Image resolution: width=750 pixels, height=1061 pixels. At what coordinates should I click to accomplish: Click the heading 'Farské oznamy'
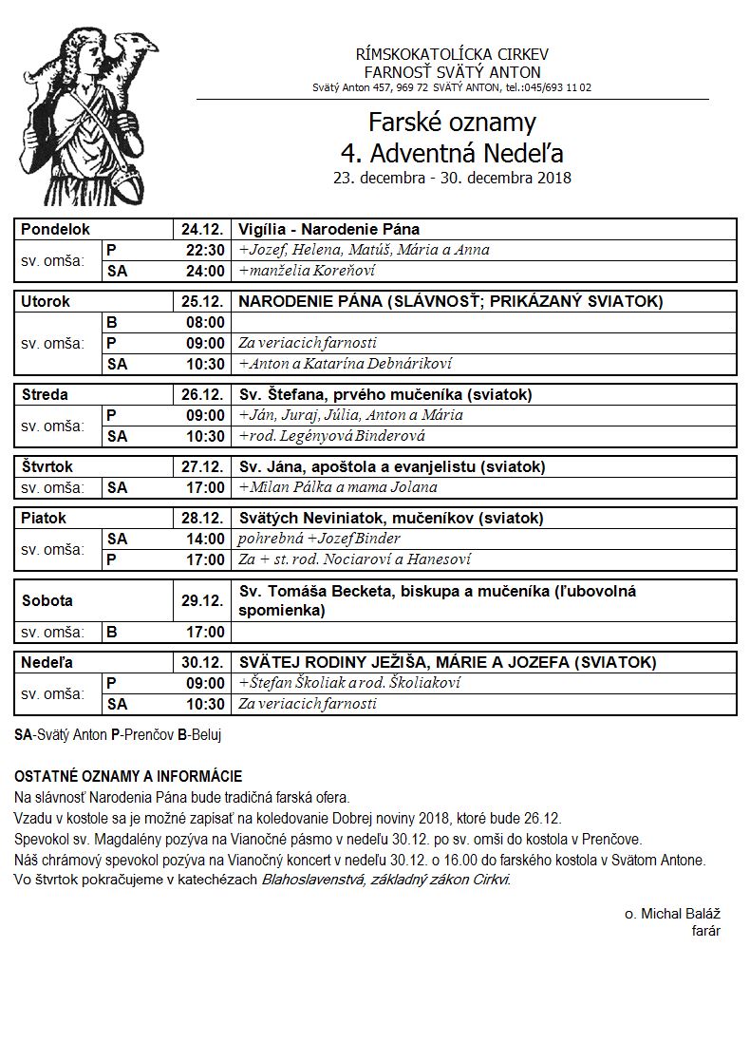452,123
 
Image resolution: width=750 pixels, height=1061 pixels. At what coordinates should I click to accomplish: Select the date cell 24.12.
201,229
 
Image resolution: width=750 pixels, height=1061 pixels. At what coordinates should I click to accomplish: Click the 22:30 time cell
205,250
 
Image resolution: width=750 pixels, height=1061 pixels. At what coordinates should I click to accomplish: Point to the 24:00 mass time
205,271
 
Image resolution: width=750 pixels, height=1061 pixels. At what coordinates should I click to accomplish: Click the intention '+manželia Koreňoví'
307,271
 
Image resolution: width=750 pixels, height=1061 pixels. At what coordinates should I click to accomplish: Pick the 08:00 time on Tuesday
205,322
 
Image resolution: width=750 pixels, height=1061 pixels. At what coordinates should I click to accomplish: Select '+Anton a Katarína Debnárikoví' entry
345,364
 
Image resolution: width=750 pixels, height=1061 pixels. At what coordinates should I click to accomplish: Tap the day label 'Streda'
45,394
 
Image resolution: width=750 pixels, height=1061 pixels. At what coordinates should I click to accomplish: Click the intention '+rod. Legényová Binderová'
331,436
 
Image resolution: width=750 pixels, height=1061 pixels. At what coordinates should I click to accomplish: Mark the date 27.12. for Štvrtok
201,466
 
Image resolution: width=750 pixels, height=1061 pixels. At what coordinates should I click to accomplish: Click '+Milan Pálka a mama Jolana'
338,487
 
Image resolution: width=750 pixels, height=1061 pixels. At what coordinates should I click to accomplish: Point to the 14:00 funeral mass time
205,539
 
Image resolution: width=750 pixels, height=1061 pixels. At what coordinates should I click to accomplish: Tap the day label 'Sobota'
47,600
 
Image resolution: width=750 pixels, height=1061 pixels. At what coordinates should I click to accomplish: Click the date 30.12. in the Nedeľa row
201,662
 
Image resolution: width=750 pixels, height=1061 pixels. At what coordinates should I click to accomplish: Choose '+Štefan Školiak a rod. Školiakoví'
349,683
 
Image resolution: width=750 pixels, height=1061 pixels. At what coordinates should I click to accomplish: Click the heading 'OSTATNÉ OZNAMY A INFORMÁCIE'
128,776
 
